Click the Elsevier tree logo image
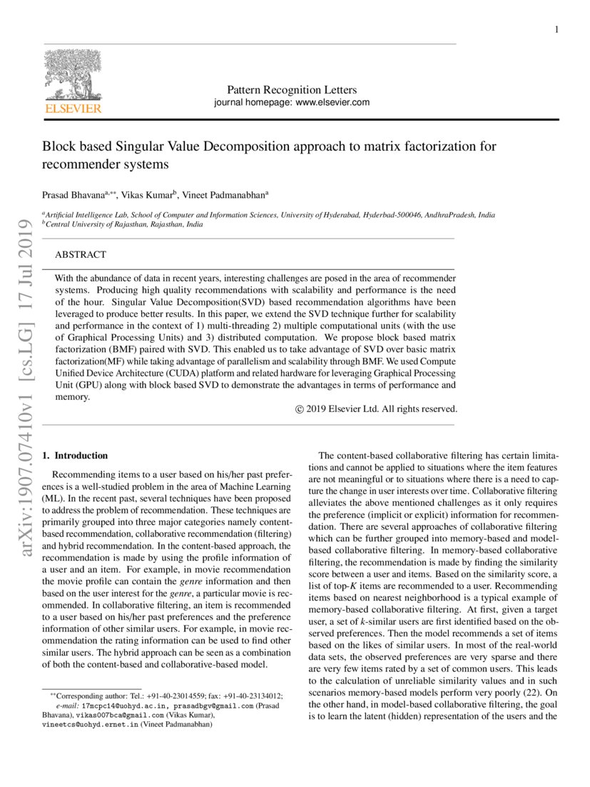click(73, 75)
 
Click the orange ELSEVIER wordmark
click(73, 109)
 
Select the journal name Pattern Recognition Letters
click(291, 90)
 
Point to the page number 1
click(556, 29)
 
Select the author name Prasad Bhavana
click(73, 194)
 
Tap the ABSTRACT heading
click(81, 254)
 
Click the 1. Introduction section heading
click(75, 455)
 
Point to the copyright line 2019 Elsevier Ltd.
click(376, 409)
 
